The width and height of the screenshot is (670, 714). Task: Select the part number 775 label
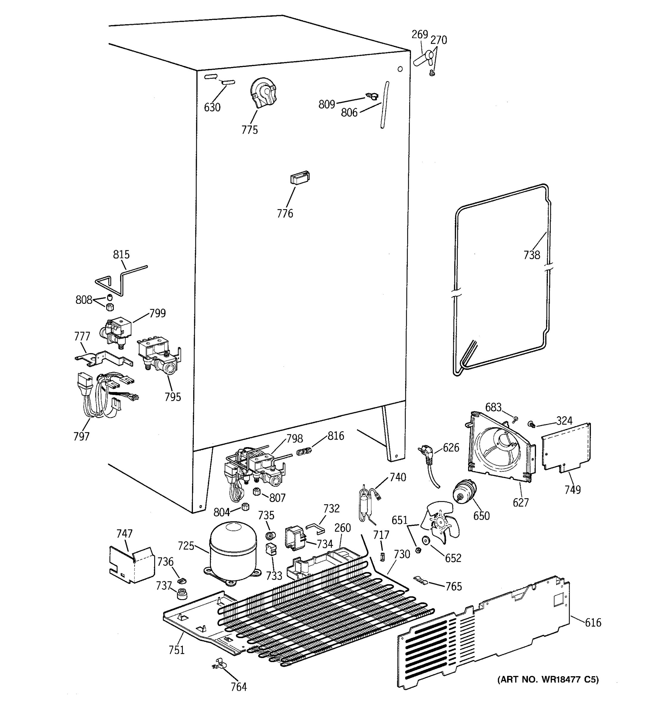tap(250, 130)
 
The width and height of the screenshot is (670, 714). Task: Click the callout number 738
tap(532, 255)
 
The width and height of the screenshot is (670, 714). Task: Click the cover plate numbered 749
tap(565, 447)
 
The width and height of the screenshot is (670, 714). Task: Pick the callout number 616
tap(593, 622)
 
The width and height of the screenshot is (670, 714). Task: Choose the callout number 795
tap(172, 397)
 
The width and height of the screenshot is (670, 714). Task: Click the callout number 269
tap(420, 35)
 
